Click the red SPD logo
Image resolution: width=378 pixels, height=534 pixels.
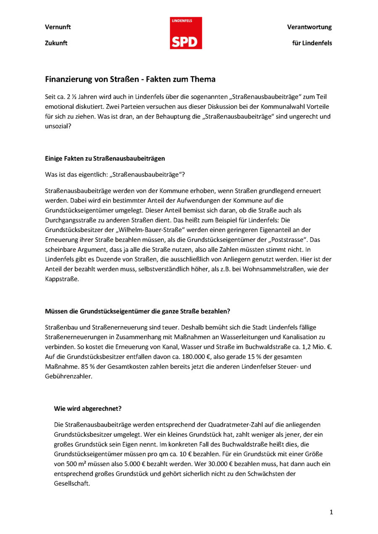click(x=186, y=33)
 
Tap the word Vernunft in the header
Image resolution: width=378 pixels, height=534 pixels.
click(x=58, y=27)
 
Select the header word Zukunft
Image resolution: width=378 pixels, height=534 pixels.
click(x=56, y=43)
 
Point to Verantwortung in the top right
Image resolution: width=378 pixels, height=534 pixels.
click(x=309, y=27)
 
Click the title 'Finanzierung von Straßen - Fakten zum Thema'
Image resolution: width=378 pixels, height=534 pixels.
click(x=130, y=79)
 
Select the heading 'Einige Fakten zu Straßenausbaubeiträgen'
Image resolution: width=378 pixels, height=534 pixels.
click(x=105, y=158)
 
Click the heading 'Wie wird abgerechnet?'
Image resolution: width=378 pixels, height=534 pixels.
click(x=88, y=408)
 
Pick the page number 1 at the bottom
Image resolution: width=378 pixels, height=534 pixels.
click(x=331, y=512)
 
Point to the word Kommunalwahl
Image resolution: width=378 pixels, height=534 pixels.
click(x=274, y=107)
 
